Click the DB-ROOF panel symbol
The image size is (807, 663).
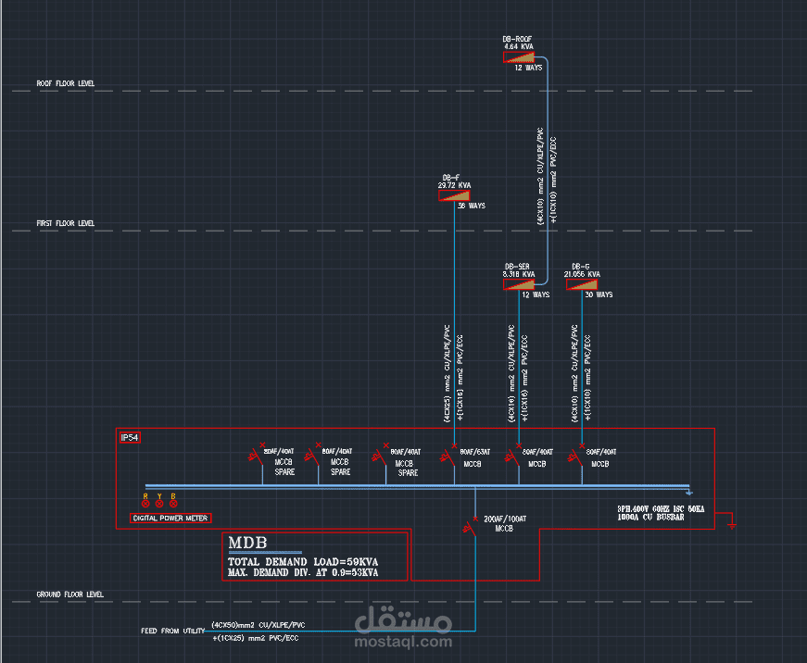[x=520, y=57]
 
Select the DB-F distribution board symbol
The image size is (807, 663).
[x=455, y=195]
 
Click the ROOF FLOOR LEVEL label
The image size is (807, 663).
[x=66, y=83]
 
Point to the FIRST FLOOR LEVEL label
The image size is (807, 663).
[x=66, y=223]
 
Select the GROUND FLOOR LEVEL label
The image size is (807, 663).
[x=69, y=594]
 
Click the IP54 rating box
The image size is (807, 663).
[x=130, y=437]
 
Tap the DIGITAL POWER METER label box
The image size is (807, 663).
[x=170, y=518]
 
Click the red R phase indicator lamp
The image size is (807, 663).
[x=145, y=503]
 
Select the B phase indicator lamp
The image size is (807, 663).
[x=173, y=503]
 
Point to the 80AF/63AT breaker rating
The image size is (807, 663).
[x=475, y=452]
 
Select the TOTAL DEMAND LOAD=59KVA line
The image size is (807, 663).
[x=303, y=562]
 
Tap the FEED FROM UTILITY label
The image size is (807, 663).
[x=173, y=631]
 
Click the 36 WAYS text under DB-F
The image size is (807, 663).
[x=472, y=206]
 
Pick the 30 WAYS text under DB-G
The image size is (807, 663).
[x=599, y=294]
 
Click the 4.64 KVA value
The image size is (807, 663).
[x=519, y=46]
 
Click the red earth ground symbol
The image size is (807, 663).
[x=732, y=524]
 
